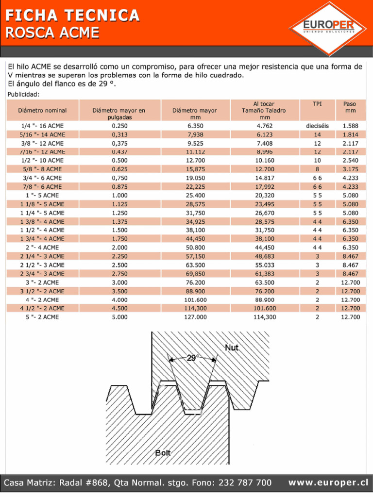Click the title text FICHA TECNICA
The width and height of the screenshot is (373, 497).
pos(72,16)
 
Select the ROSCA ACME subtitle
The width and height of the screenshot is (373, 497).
pos(52,33)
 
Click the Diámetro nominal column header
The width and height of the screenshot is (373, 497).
pos(42,111)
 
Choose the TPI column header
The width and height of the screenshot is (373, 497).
pos(317,104)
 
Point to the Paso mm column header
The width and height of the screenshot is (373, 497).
pos(350,107)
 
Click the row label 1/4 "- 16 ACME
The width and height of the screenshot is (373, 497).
pos(42,126)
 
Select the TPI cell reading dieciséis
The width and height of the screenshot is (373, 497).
pos(317,126)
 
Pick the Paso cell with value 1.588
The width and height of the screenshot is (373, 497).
pos(350,126)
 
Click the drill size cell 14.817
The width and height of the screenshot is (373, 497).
pos(265,178)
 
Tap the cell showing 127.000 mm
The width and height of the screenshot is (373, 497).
pos(194,317)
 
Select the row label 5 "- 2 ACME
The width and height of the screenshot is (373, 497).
pos(42,317)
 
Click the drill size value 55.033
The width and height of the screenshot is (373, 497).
pos(265,265)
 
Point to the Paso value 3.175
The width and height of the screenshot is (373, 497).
pos(350,169)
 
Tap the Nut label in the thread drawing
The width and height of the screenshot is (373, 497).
pos(232,348)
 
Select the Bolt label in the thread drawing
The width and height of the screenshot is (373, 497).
pos(163,453)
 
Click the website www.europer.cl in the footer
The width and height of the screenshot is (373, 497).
pos(328,482)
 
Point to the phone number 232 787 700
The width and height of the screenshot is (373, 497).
pos(245,482)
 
